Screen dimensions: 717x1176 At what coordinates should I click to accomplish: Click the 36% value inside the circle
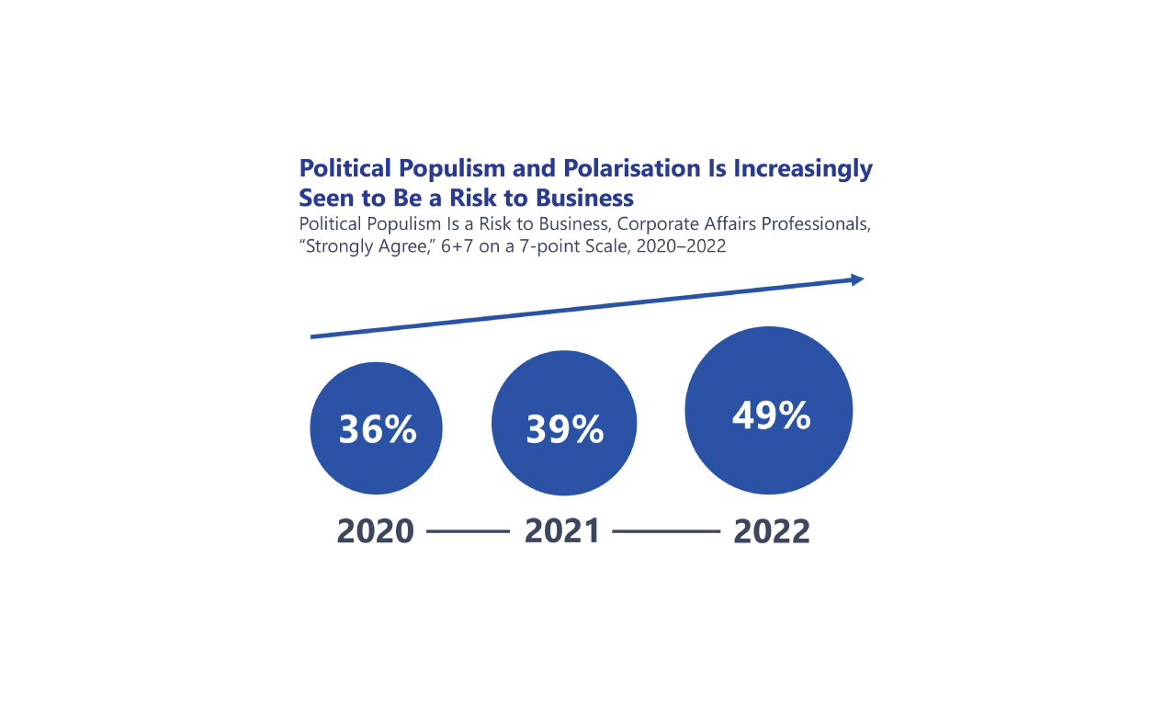click(x=377, y=429)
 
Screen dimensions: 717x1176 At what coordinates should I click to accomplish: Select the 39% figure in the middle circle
click(x=564, y=429)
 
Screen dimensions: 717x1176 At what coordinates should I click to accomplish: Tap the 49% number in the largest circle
click(x=771, y=415)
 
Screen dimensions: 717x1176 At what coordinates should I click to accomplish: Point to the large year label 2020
click(x=376, y=531)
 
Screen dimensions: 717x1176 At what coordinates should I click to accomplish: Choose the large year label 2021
click(x=562, y=531)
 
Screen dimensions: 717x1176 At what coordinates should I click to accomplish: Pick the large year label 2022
click(x=772, y=531)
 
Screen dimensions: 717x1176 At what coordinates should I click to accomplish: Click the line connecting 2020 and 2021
click(x=468, y=531)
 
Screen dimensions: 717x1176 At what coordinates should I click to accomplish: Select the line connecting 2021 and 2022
click(x=666, y=531)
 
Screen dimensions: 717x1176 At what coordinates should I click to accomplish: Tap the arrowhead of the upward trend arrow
click(x=857, y=279)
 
